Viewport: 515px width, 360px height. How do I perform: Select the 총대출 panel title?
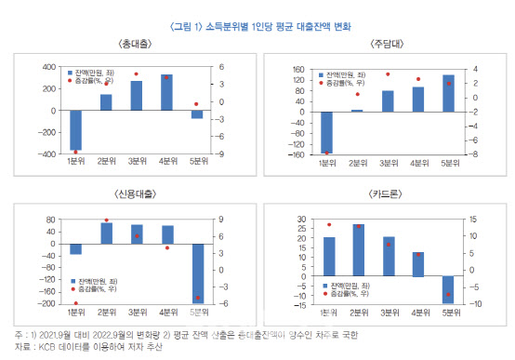[139, 45]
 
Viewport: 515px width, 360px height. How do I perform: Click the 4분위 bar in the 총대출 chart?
[166, 92]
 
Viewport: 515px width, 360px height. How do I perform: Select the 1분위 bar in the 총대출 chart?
[76, 129]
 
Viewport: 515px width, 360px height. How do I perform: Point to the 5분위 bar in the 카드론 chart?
[448, 289]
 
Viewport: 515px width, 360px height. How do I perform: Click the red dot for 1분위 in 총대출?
[76, 151]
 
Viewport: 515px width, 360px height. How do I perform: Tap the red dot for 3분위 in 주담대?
[388, 73]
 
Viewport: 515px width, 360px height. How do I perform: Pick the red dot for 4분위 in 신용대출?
[166, 247]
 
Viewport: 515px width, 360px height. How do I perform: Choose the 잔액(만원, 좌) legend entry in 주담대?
[346, 73]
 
